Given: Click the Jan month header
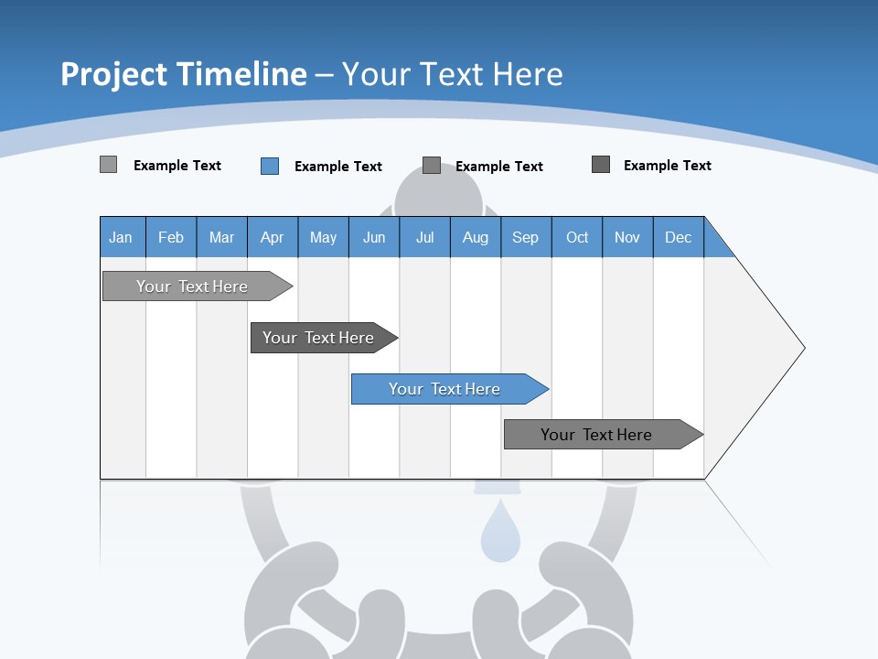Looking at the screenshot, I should click(121, 237).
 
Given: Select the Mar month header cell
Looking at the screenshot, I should click(221, 237).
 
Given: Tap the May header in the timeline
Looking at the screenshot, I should click(323, 237).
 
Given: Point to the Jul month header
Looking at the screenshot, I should click(424, 237).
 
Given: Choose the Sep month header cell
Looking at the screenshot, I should click(525, 237).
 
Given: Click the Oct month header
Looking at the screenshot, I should click(577, 237).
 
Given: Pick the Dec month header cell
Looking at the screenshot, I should click(678, 237).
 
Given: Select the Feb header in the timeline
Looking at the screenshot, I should click(171, 237).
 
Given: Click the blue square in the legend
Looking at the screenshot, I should click(270, 166).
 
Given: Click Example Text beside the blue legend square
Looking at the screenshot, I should click(337, 167).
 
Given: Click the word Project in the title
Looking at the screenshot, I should click(114, 75).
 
